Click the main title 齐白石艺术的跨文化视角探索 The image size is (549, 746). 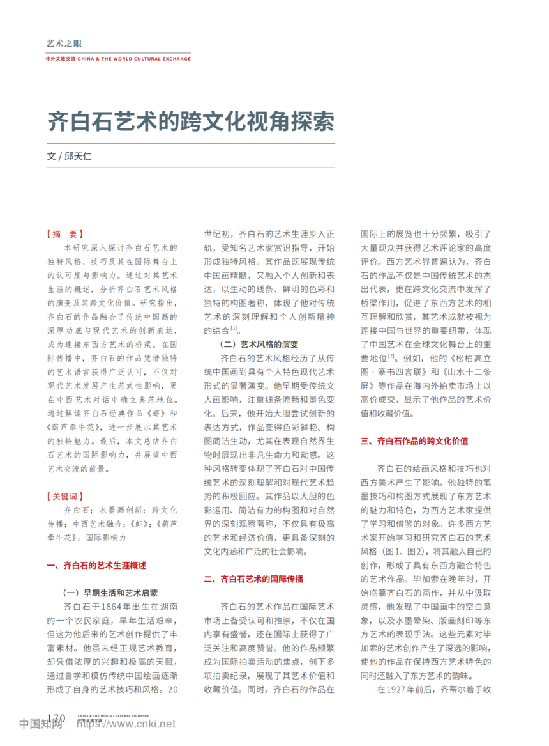pos(191,121)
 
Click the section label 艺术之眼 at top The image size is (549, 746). pos(64,43)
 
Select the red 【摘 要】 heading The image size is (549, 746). pos(65,234)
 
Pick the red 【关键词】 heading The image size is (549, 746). pos(65,495)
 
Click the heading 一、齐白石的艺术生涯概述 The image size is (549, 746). pos(97,565)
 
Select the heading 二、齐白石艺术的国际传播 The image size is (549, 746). pos(253,579)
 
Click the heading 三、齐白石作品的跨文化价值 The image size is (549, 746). pos(415,440)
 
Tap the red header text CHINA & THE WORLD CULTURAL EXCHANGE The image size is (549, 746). pos(134,59)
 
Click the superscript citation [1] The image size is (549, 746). pos(234,329)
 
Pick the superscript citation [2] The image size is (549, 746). pos(391,355)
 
